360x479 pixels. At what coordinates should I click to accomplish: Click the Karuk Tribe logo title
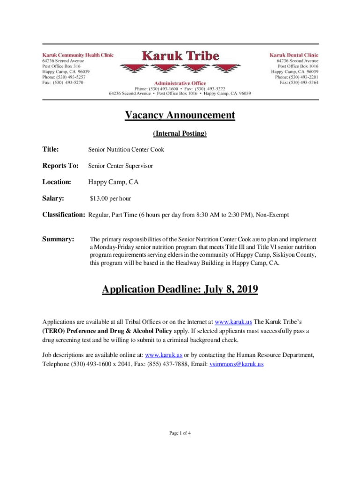[180, 56]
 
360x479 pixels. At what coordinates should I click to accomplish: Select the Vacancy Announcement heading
[180, 115]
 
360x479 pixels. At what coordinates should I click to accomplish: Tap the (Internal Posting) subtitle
[180, 134]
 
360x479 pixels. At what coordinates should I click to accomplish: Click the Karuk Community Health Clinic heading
[78, 55]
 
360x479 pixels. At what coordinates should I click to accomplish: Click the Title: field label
[50, 150]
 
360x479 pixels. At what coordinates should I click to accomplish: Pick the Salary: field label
[53, 198]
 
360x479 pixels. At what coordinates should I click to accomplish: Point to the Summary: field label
[58, 239]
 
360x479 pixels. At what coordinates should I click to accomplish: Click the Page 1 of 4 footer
[180, 433]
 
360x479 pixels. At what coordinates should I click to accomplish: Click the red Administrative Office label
[180, 83]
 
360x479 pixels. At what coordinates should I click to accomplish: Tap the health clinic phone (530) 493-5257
[70, 77]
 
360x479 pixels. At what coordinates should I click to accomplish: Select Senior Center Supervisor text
[121, 166]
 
